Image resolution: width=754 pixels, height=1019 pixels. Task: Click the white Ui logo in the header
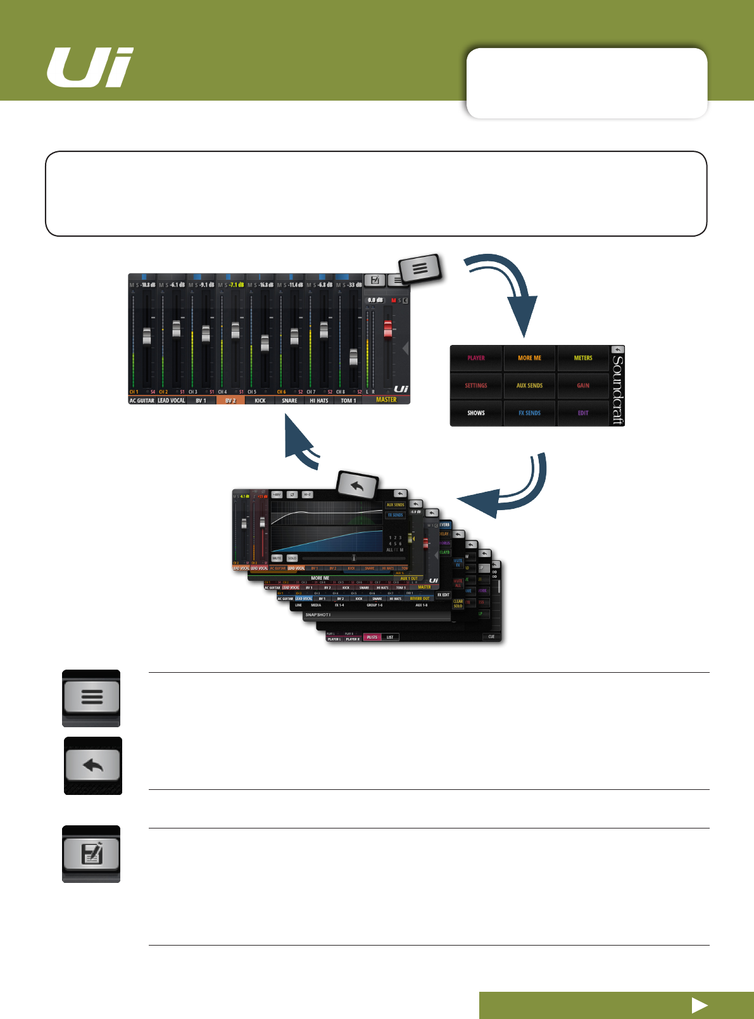click(90, 68)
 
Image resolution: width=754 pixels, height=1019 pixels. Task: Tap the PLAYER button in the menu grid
click(476, 358)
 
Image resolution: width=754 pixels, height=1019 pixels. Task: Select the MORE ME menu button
click(529, 358)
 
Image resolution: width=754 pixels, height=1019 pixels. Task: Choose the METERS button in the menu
click(583, 358)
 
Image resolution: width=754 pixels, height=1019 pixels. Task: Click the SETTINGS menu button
click(476, 385)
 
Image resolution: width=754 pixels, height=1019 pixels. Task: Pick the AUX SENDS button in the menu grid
click(529, 385)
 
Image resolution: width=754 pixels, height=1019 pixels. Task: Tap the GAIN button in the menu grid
click(583, 385)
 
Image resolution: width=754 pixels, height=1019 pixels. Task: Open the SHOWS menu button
click(476, 413)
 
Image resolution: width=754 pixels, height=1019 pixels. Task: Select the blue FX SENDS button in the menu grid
click(529, 413)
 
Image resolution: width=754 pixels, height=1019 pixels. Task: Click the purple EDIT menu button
click(583, 413)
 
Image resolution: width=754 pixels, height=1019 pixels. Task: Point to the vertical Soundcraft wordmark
click(618, 389)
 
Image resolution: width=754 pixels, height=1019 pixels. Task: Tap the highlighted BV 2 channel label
click(230, 401)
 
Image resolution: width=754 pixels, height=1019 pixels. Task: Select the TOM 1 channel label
click(348, 401)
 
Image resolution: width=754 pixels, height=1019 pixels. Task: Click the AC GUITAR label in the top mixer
click(142, 401)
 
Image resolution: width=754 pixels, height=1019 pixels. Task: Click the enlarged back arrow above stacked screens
click(357, 486)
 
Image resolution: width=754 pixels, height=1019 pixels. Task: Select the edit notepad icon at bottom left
click(92, 854)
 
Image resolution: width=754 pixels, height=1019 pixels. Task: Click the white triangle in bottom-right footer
click(700, 1005)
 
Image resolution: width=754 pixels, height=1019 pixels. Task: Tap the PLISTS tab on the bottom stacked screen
click(372, 637)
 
